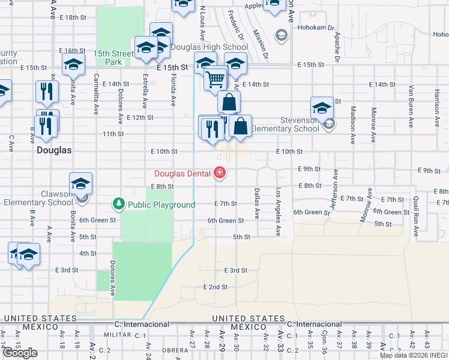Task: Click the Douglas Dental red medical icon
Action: coord(220,174)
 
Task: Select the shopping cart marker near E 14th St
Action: coord(215,79)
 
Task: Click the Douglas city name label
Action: coord(54,151)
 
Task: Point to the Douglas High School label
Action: coord(201,47)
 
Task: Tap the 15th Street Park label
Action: coord(113,58)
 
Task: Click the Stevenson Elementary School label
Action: coord(285,124)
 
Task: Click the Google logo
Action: coord(20,353)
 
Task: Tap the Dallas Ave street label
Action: coord(257,203)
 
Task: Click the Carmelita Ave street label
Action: coord(96,94)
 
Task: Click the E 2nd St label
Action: coord(215,287)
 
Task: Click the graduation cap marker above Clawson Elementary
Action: coord(80,184)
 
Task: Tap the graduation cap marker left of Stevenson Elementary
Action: coord(322,109)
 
